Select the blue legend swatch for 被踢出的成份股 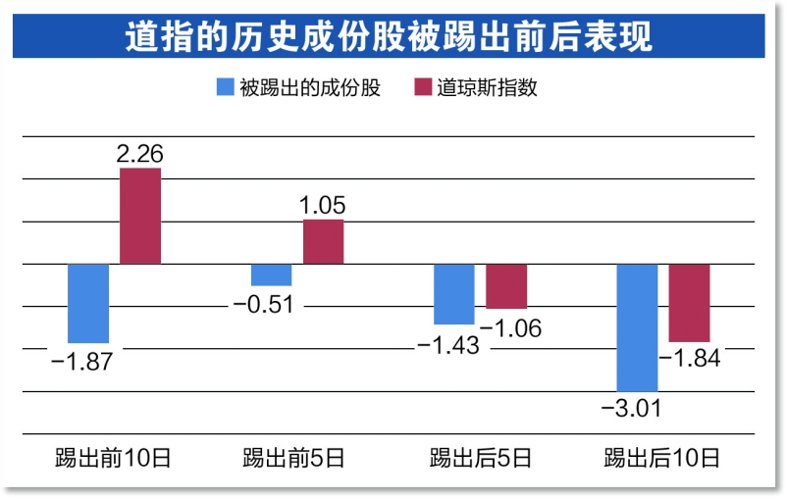pos(225,87)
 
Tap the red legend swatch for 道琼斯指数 pos(424,87)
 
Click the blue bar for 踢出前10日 pos(88,302)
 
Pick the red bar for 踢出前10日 pos(140,216)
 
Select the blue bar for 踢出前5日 pos(271,274)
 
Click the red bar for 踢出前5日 pos(324,241)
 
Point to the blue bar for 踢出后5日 pos(454,293)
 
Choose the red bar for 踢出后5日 pos(506,285)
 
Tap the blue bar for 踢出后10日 pos(638,327)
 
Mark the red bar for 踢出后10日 pos(690,302)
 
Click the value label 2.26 pos(139,153)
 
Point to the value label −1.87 pos(82,360)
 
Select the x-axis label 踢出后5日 pos(481,457)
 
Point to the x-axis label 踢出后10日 pos(662,457)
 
